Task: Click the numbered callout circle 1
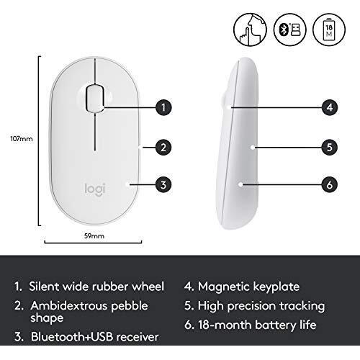(163, 107)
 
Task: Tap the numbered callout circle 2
(163, 147)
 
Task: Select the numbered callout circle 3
(163, 184)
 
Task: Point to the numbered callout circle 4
(330, 107)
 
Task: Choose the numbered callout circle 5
(330, 147)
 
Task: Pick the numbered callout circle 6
(330, 184)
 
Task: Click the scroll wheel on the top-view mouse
(95, 98)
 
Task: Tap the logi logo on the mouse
(95, 189)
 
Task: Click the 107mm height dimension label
(22, 139)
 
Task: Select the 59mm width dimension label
(94, 236)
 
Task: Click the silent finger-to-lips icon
(250, 30)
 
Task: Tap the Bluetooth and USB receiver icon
(290, 30)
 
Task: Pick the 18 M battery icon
(329, 30)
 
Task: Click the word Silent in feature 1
(44, 287)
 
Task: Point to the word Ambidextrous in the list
(69, 306)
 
